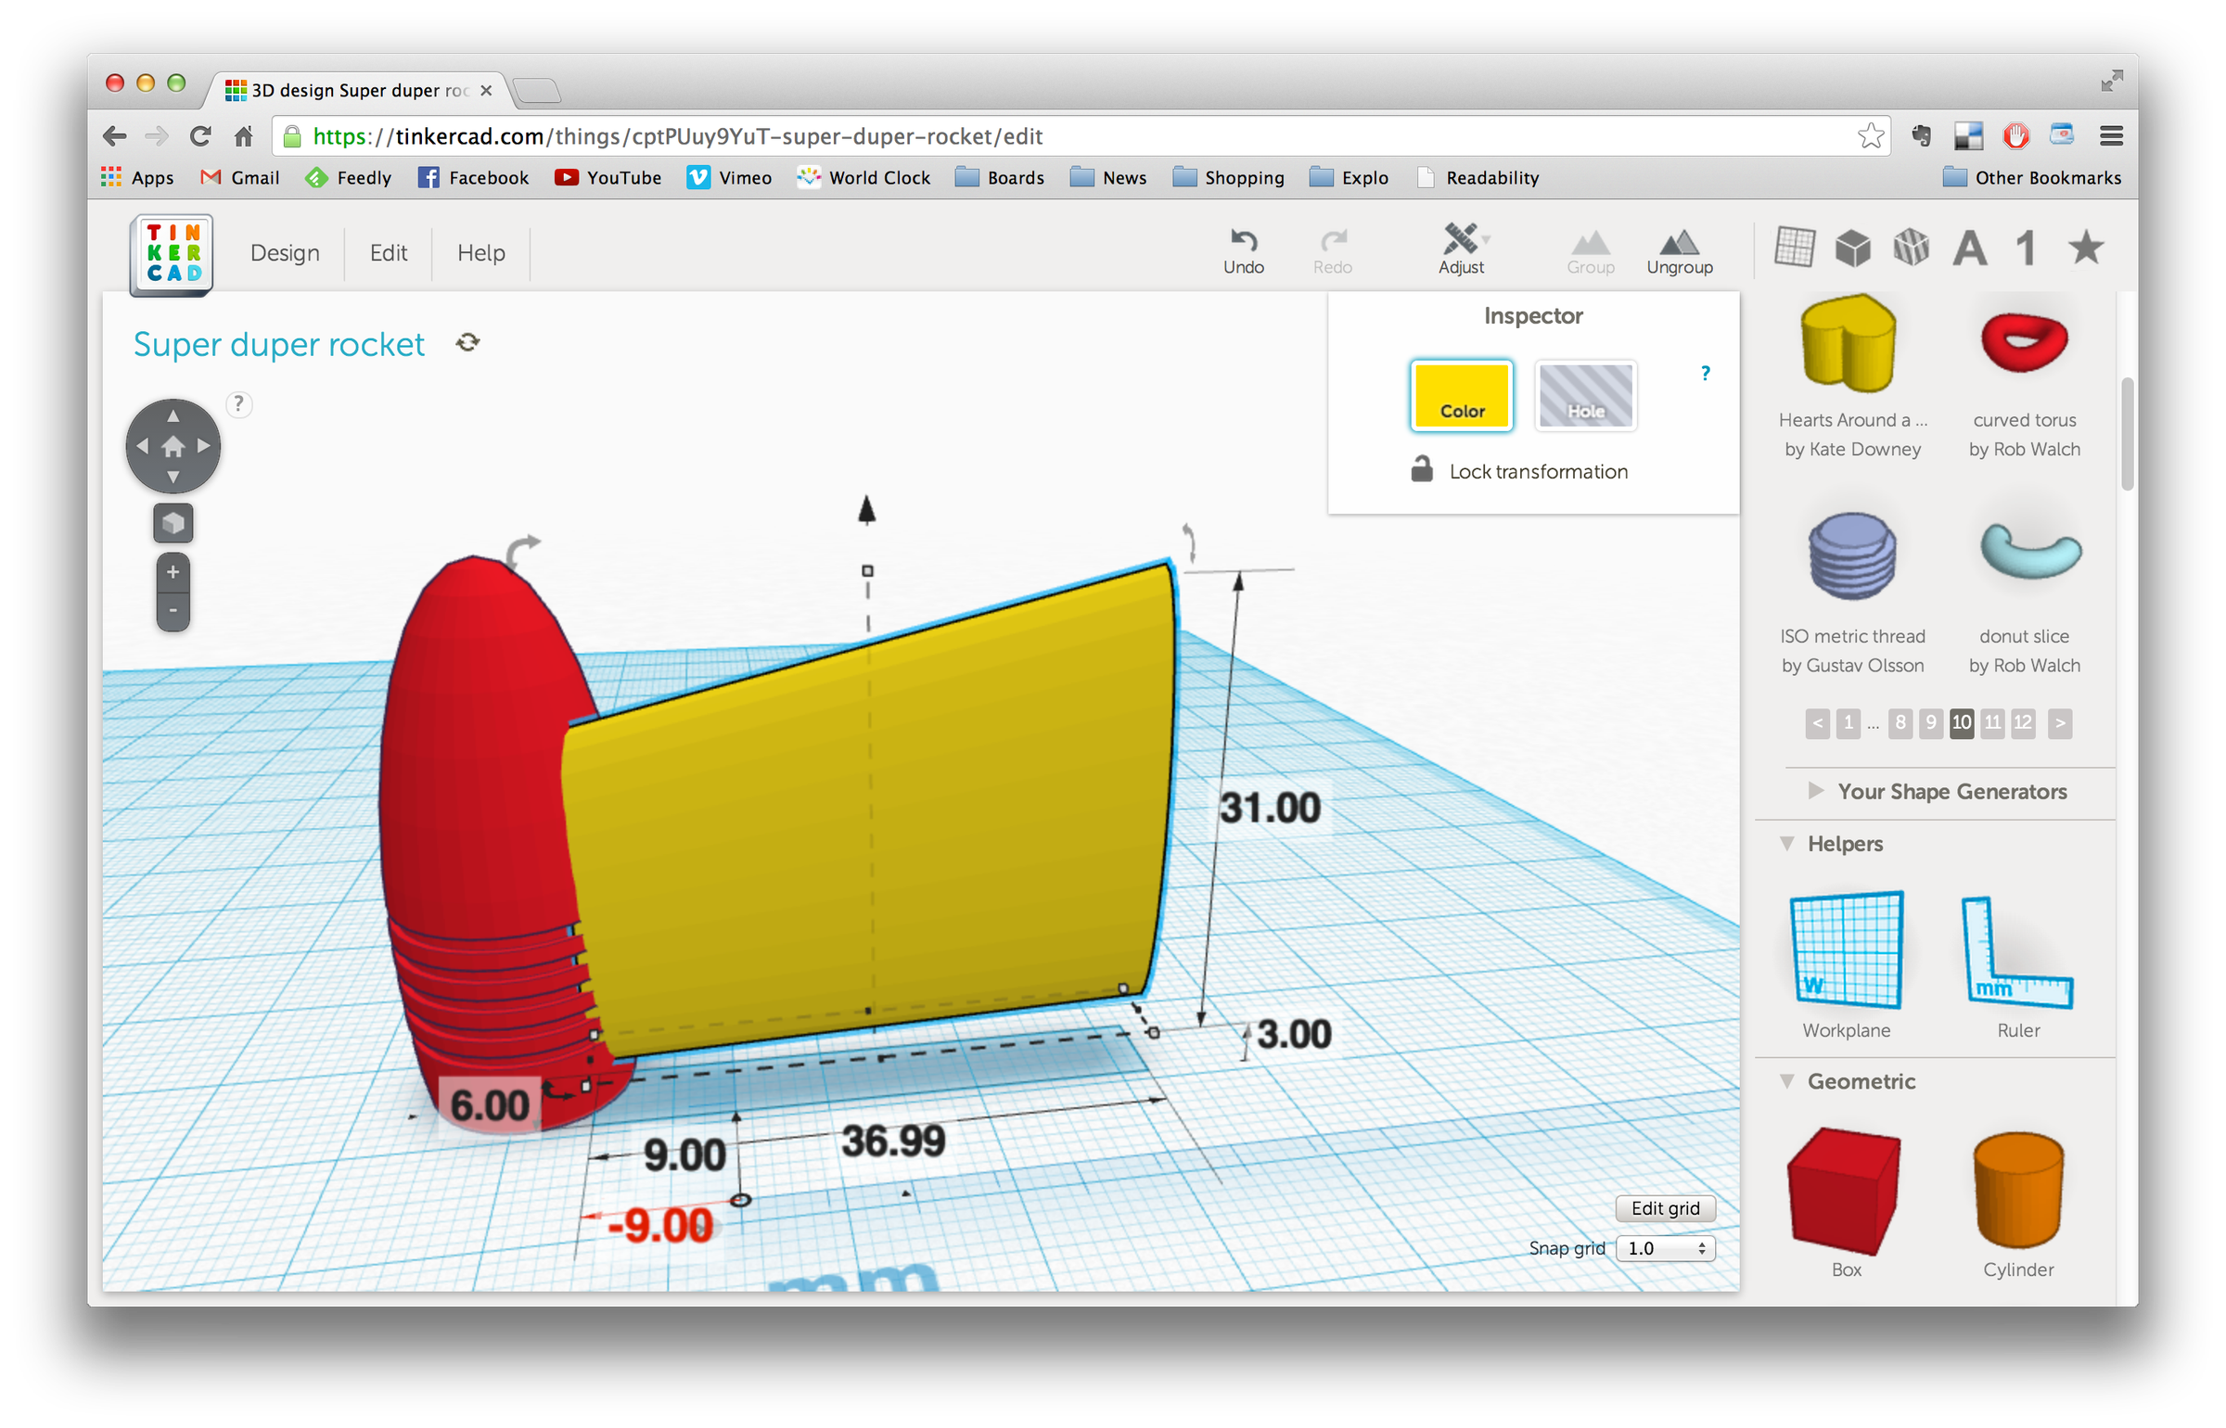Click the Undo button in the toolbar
(x=1243, y=250)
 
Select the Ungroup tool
(x=1679, y=250)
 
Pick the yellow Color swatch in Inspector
(x=1461, y=396)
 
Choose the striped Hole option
(x=1585, y=396)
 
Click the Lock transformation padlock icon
(x=1422, y=469)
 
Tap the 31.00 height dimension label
(x=1270, y=808)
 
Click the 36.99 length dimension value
(x=893, y=1141)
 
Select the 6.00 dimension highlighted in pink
(x=489, y=1104)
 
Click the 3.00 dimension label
(x=1294, y=1034)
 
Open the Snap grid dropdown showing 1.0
(x=1666, y=1248)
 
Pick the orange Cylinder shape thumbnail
(x=2018, y=1191)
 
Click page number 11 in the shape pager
(x=1992, y=722)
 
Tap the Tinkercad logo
(x=173, y=254)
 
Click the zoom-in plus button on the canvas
(x=173, y=572)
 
